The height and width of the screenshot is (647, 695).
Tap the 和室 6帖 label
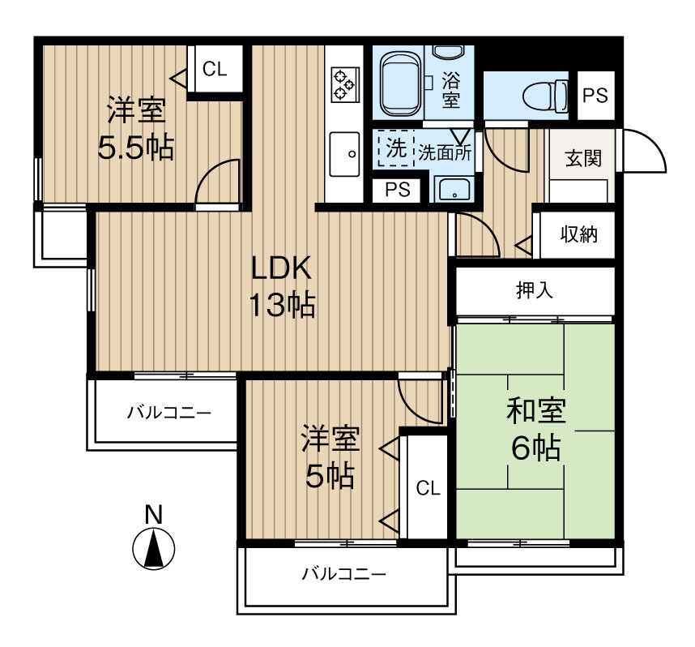tap(535, 429)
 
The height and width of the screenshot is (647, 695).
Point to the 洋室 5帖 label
tap(329, 457)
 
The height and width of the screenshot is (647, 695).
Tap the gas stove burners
tap(343, 84)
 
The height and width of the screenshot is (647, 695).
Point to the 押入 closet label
tap(535, 291)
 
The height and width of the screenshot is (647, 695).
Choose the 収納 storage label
tap(578, 235)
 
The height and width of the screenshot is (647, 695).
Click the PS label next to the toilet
tap(595, 95)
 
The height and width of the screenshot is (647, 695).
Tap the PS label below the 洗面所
tap(397, 191)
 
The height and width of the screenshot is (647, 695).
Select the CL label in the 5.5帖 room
tap(215, 69)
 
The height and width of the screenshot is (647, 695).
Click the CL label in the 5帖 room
tap(428, 488)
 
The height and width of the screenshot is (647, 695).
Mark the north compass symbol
tap(153, 548)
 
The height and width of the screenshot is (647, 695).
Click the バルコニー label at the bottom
tap(343, 575)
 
